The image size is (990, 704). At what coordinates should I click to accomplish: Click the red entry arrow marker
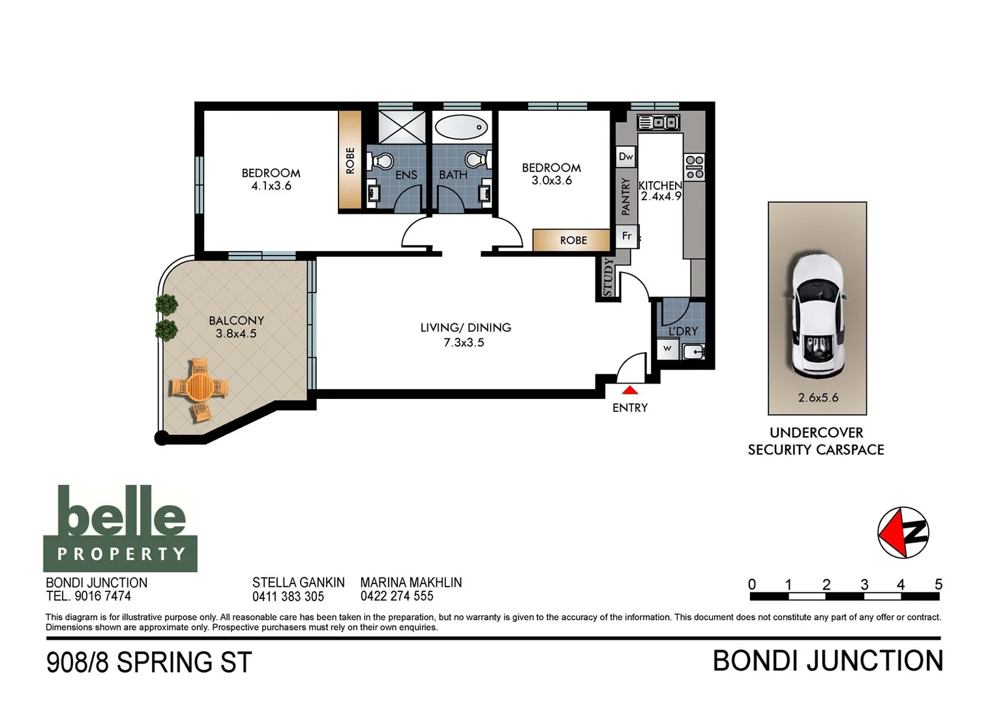click(630, 390)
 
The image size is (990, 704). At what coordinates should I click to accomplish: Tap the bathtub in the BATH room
click(461, 127)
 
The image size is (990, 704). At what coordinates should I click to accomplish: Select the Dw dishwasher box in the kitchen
click(626, 156)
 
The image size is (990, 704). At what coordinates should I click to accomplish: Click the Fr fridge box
click(627, 236)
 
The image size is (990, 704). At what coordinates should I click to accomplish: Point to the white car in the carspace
click(818, 315)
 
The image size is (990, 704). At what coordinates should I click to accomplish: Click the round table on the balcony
click(200, 387)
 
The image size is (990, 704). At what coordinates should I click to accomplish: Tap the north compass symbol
click(903, 533)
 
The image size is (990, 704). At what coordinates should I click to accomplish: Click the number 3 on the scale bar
click(864, 585)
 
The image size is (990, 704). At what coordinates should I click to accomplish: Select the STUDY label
click(608, 277)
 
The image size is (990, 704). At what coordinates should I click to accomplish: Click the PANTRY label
click(625, 197)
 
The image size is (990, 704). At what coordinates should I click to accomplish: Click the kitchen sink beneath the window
click(659, 123)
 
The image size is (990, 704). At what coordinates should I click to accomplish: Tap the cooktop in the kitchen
click(695, 167)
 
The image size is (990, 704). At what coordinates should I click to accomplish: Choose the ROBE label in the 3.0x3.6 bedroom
click(574, 241)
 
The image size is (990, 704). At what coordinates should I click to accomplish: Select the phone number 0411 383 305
click(288, 596)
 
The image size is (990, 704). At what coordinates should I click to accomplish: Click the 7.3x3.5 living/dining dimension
click(464, 342)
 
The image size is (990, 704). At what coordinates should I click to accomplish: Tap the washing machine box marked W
click(667, 348)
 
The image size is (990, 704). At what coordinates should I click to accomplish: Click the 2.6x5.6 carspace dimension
click(818, 398)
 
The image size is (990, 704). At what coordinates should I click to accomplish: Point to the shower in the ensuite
click(402, 127)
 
